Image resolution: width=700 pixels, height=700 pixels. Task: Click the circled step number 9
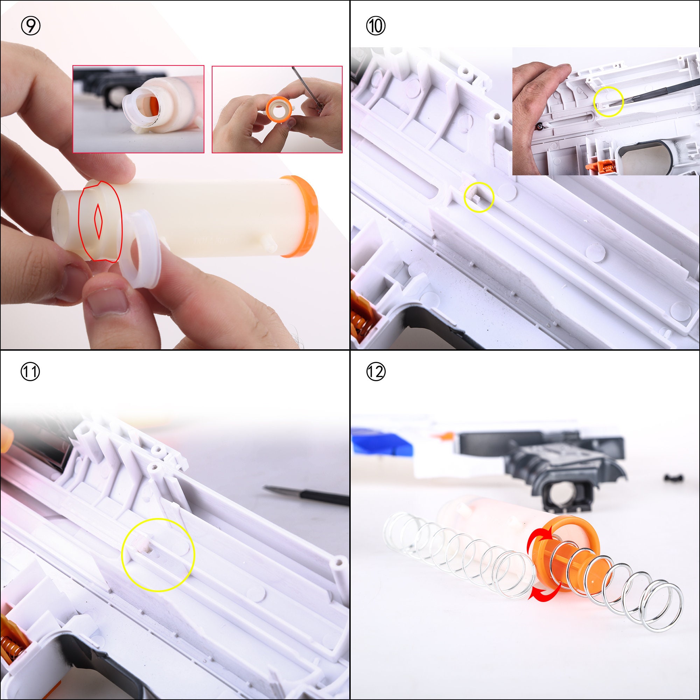click(x=30, y=26)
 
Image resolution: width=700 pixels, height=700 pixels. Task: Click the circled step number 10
click(x=376, y=26)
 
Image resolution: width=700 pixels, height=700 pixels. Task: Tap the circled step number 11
click(x=30, y=372)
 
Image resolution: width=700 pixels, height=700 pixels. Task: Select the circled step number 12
click(x=376, y=372)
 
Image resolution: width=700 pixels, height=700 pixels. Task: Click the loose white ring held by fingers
click(x=140, y=250)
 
